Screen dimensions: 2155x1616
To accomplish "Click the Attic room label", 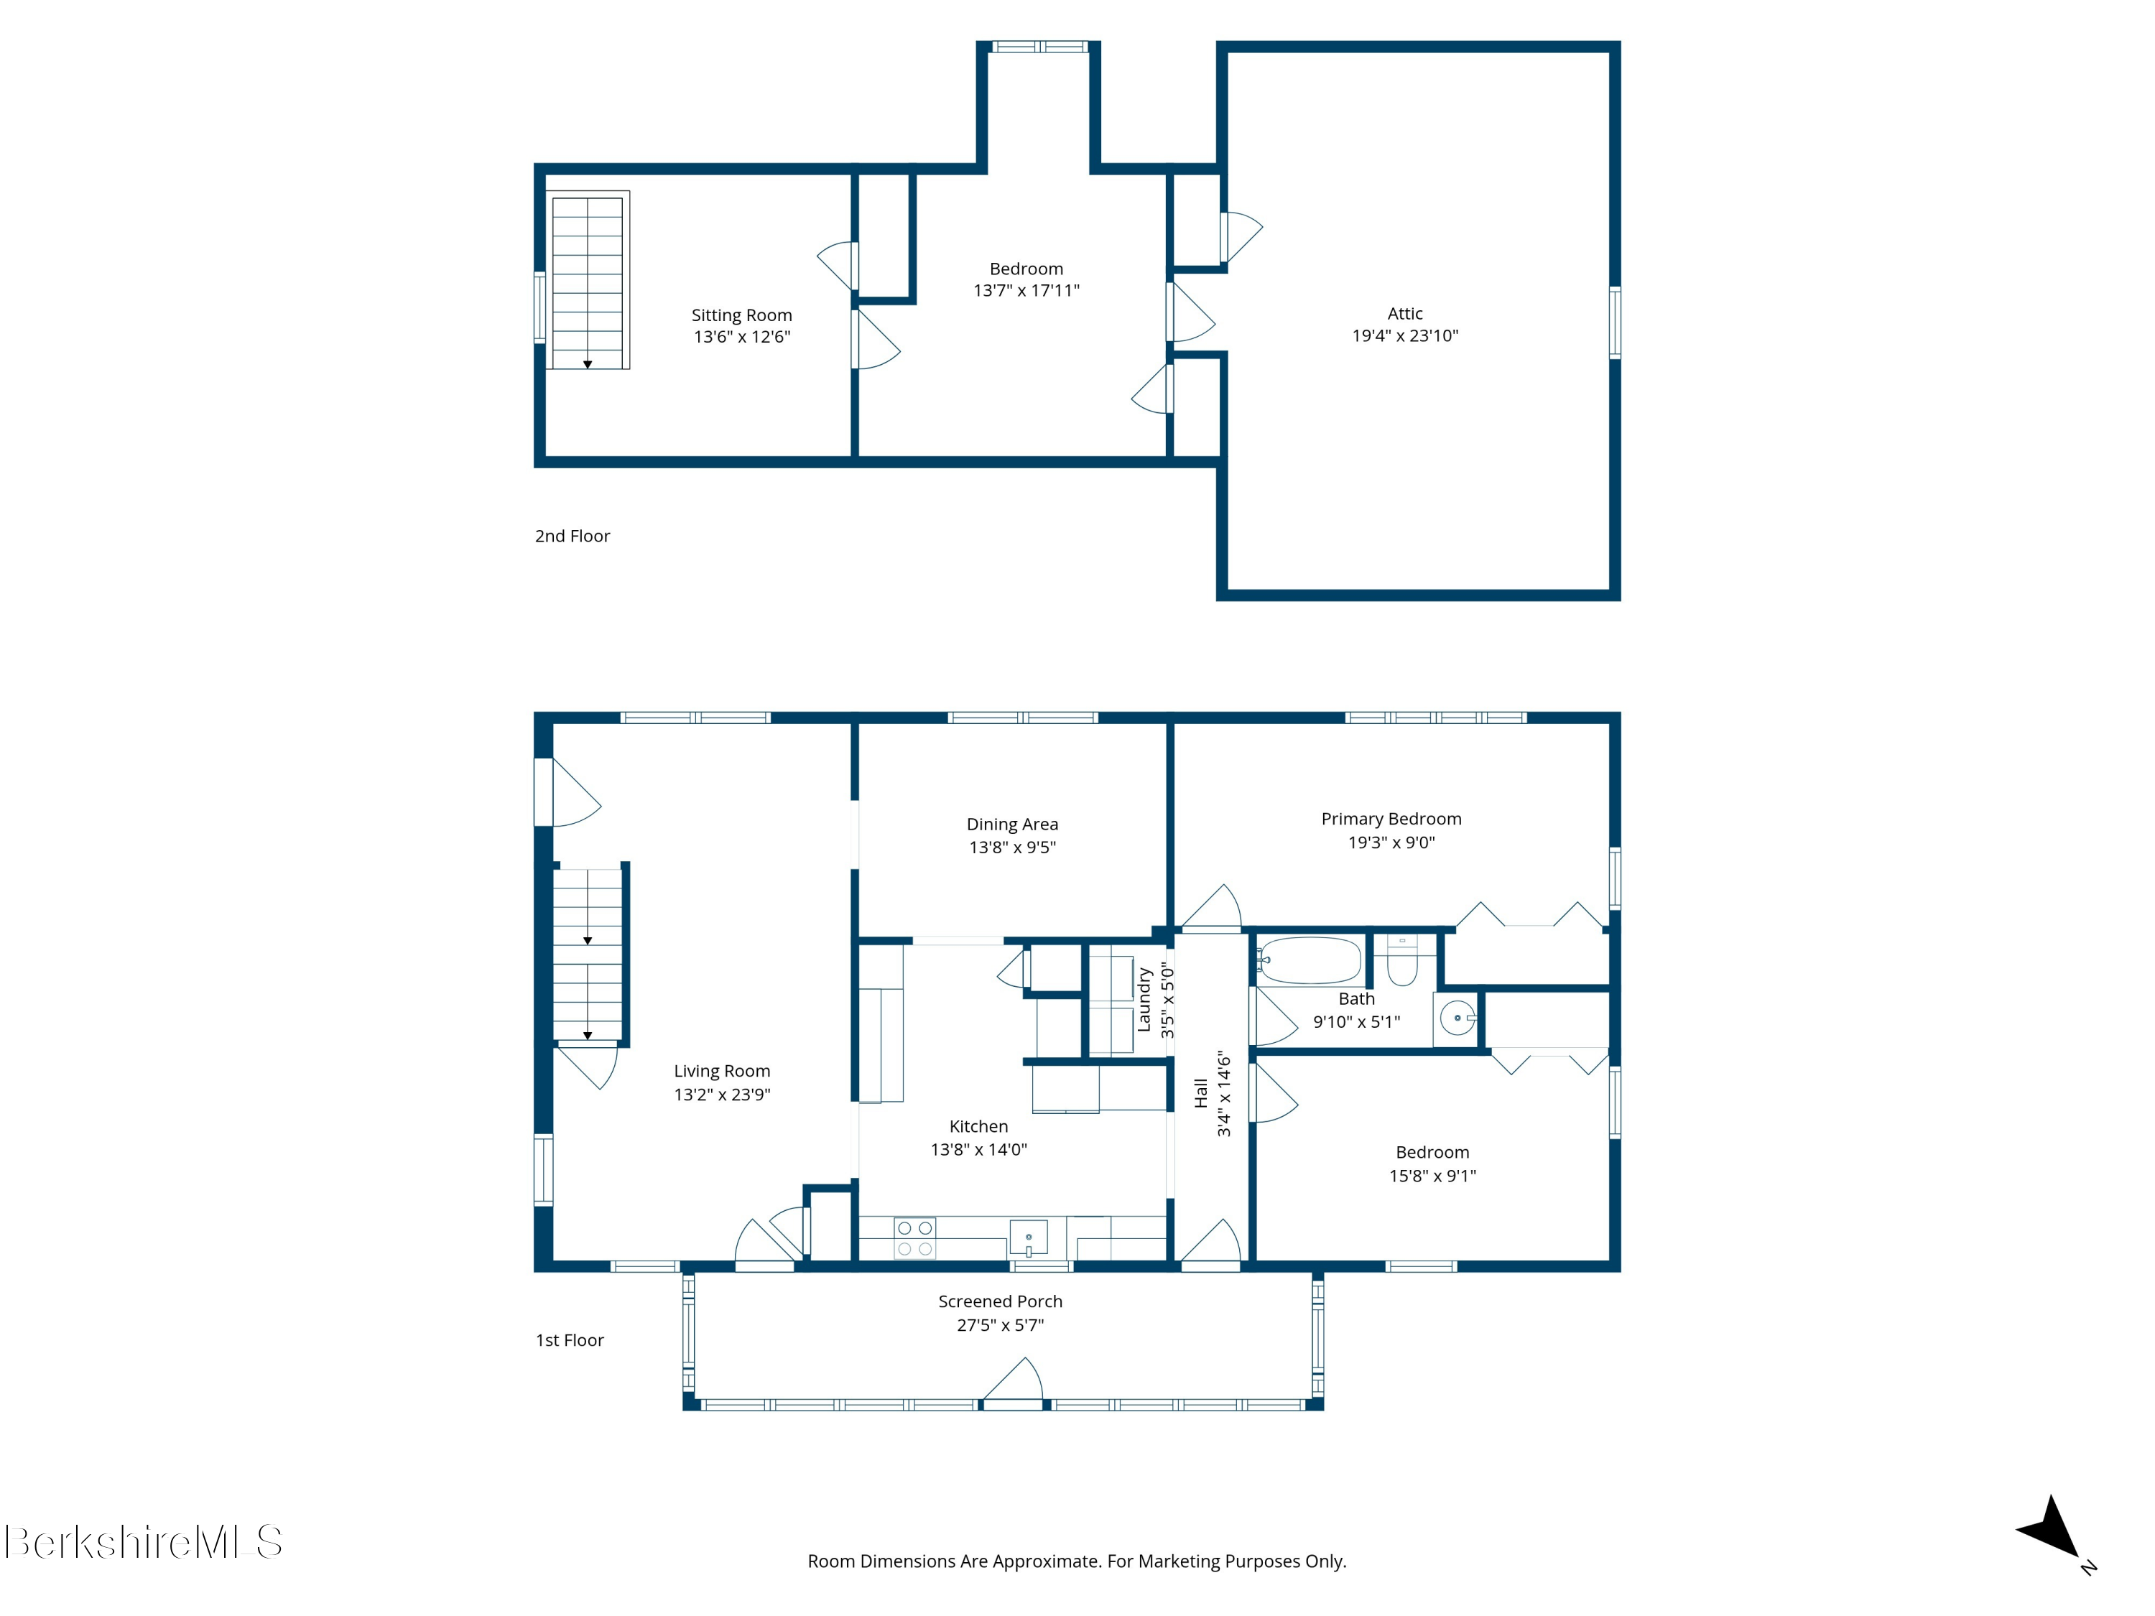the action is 1405,314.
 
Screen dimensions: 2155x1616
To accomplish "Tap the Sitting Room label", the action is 741,315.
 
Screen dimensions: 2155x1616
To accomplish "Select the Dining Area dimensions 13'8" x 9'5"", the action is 1012,848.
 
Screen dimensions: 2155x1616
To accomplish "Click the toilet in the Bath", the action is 1402,960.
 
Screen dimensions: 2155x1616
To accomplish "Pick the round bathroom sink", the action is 1457,1018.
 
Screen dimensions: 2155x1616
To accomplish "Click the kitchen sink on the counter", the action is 1028,1239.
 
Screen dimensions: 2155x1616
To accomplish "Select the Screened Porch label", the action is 1001,1301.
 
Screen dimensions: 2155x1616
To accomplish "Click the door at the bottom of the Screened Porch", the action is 1013,1383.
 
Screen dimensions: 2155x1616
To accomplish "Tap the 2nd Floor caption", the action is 572,536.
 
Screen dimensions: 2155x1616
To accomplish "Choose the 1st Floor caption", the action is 570,1340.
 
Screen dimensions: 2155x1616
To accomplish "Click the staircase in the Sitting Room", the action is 588,281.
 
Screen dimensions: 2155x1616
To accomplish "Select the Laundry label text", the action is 1145,1000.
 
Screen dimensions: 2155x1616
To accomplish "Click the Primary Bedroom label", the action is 1391,819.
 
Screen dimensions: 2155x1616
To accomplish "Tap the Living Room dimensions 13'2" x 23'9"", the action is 722,1095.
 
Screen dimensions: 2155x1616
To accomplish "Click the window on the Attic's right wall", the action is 1614,322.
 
